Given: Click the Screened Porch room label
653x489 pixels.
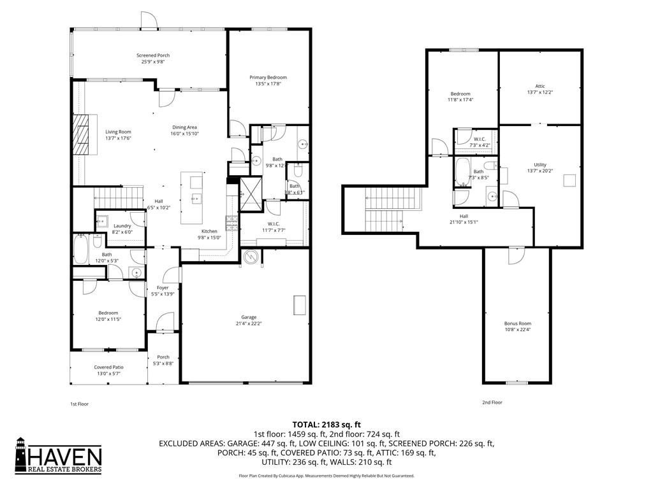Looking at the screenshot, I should [153, 55].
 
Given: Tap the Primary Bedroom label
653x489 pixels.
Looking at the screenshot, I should [268, 77].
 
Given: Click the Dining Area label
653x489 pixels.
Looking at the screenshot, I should [184, 127].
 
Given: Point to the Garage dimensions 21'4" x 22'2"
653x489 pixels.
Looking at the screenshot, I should [249, 323].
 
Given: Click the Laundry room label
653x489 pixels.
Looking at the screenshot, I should [122, 226].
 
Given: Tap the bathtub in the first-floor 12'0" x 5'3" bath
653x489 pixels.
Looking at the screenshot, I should [80, 249].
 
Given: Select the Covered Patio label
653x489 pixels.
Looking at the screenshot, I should [108, 367].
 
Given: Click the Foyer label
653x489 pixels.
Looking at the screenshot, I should [163, 288].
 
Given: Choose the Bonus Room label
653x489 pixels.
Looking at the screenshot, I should [517, 323].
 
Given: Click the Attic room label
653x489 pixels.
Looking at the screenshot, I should [540, 86].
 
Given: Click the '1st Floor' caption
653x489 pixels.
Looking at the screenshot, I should [79, 404].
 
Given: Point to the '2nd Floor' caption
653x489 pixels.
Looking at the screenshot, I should [491, 402].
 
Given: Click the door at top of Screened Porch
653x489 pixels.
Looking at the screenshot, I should [148, 20].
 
